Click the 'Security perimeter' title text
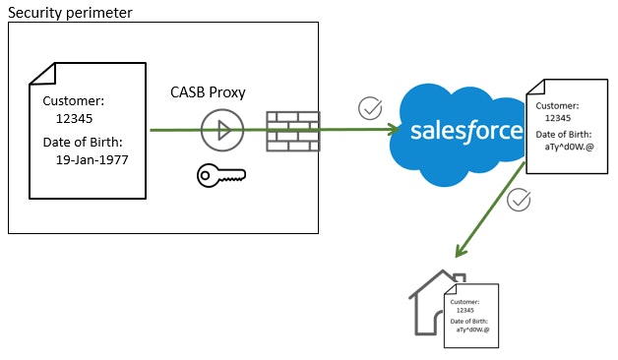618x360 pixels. [70, 12]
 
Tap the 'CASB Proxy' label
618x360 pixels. [208, 92]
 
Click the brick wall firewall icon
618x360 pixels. [293, 131]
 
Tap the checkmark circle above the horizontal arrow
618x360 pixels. [370, 107]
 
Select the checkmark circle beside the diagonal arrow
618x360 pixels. [519, 201]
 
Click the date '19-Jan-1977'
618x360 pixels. [93, 158]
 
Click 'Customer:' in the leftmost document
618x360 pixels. [74, 100]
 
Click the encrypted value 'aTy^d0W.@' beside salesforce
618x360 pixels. [569, 147]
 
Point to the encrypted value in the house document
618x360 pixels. [473, 330]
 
